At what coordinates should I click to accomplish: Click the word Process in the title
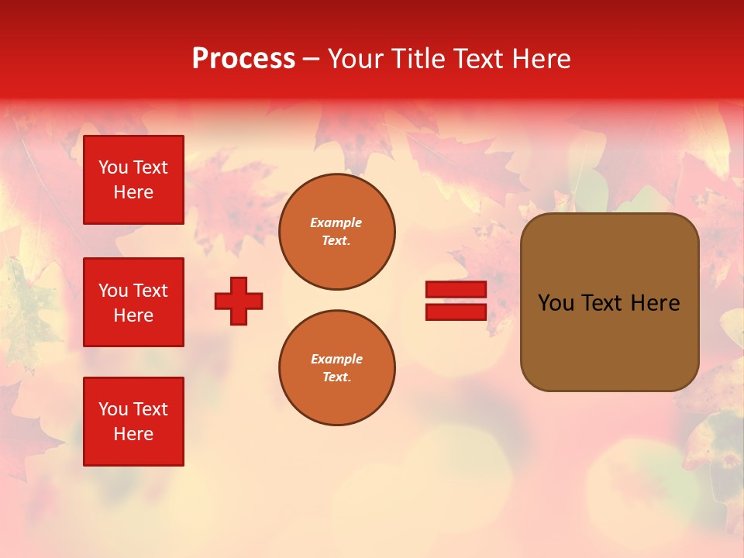click(243, 59)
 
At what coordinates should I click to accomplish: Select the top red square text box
click(133, 180)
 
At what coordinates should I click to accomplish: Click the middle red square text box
click(133, 302)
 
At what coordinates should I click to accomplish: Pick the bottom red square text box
click(133, 422)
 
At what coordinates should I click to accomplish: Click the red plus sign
click(239, 301)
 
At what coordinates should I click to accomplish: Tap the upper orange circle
click(336, 232)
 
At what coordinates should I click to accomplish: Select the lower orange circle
click(336, 368)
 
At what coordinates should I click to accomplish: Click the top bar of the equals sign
click(456, 289)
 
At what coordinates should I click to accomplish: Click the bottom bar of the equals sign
click(456, 312)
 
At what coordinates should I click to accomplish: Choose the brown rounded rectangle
click(609, 302)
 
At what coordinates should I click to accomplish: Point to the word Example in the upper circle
click(336, 222)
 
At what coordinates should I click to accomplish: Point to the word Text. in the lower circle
click(336, 377)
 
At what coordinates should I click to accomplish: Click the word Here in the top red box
click(133, 192)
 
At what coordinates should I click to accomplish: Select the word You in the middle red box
click(113, 291)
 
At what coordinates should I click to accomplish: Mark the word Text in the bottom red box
click(150, 409)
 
